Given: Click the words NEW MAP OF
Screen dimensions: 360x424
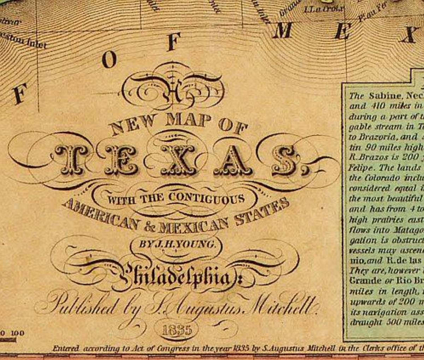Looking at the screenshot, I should [178, 125].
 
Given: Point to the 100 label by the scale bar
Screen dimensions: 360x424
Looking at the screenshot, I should [17, 333].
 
